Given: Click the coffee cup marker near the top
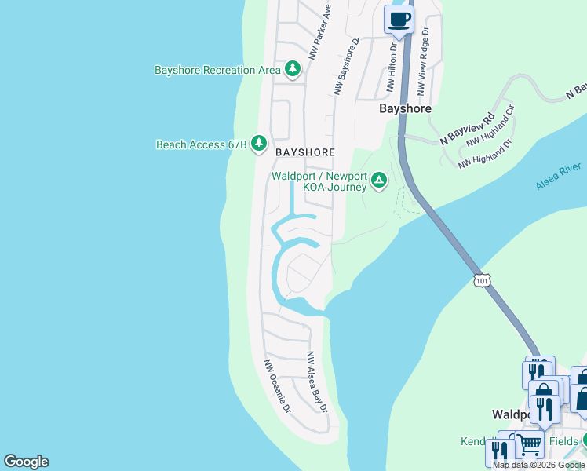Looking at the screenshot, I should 399,20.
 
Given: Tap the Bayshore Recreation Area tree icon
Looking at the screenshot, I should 293,70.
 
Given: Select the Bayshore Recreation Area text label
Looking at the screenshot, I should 217,70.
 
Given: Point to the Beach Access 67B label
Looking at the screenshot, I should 202,144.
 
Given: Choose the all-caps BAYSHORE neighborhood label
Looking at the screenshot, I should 304,152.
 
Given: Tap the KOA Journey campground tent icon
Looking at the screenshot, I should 379,181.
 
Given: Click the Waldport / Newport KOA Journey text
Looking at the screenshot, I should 319,181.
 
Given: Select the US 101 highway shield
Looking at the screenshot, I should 482,279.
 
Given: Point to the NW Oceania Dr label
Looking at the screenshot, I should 277,386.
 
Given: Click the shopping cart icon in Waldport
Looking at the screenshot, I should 530,444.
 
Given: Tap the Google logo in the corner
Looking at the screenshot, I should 26,462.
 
